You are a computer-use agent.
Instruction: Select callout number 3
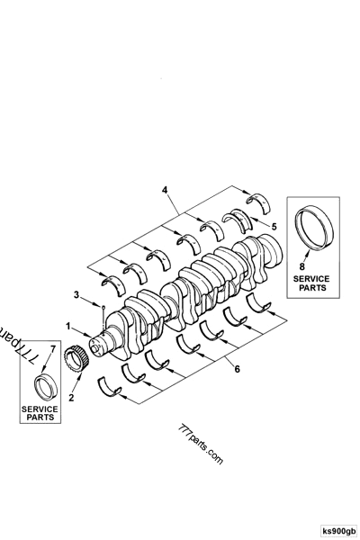pos(77,294)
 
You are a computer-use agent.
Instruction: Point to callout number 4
pos(166,190)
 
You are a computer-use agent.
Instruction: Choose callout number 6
pos(236,367)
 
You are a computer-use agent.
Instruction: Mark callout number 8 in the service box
pos(303,266)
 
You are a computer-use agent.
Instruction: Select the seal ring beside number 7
pos(44,386)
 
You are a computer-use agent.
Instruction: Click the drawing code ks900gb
pos(338,531)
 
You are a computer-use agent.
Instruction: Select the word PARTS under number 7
pos(39,418)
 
